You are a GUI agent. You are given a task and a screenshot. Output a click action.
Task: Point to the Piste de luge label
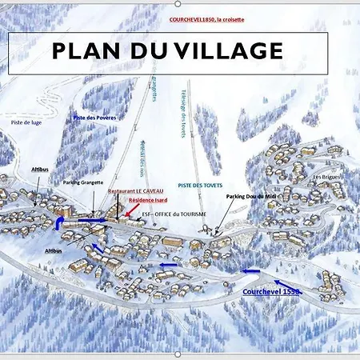[x=26, y=122]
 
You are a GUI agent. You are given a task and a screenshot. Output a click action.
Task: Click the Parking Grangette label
[x=83, y=182]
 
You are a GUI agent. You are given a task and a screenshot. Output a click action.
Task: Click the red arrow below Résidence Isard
[x=123, y=213]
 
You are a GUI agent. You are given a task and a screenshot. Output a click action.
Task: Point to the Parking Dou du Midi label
[x=250, y=196]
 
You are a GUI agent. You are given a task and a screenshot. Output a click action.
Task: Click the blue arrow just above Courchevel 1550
[x=284, y=283]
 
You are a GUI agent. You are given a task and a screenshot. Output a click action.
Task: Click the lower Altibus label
[x=55, y=250]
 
